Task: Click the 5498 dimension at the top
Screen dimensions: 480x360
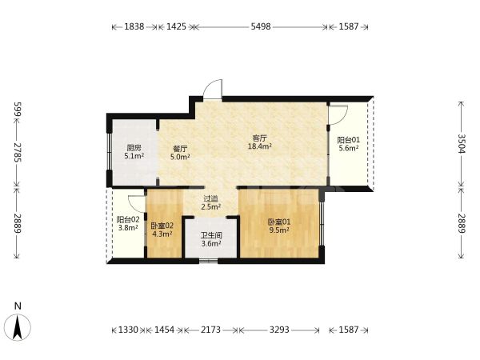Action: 261,26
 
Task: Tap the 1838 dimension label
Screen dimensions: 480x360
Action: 134,26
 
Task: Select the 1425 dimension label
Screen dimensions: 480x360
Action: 176,26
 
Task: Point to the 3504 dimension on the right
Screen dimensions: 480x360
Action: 462,143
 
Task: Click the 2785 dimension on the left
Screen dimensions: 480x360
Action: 18,153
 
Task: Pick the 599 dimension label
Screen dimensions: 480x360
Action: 18,110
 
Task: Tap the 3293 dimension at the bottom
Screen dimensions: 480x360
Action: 279,330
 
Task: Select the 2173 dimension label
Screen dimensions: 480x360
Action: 210,330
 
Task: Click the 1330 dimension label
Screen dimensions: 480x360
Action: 128,330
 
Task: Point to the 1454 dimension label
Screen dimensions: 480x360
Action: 164,330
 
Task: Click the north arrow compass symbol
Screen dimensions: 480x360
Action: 18,327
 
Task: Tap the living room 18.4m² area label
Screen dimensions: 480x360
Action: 260,142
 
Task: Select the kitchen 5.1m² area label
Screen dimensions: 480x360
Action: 134,152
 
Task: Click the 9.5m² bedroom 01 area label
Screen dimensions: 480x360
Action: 279,226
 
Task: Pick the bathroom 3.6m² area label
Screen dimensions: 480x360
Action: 211,240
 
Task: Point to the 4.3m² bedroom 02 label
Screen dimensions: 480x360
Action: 162,230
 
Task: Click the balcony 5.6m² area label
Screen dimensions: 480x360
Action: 348,144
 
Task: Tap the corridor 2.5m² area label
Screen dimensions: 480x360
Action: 211,203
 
